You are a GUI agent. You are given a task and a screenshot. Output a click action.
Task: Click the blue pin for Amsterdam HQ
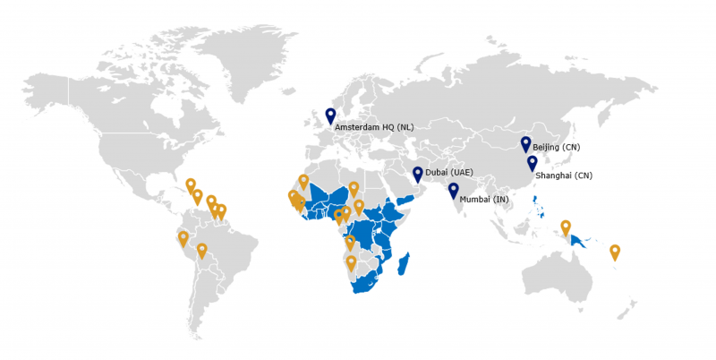pyautogui.click(x=330, y=115)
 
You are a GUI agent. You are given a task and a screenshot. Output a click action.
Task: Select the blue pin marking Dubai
pyautogui.click(x=418, y=174)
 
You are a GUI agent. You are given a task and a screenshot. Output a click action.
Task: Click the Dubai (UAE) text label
pyautogui.click(x=448, y=172)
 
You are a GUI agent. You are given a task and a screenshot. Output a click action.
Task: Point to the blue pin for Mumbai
pyautogui.click(x=454, y=189)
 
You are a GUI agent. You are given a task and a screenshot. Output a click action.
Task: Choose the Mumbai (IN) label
pyautogui.click(x=483, y=200)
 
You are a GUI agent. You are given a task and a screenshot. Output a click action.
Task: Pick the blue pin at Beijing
pyautogui.click(x=525, y=143)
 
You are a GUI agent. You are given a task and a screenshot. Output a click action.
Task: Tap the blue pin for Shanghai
pyautogui.click(x=533, y=162)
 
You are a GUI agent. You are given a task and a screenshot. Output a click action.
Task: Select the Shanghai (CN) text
pyautogui.click(x=564, y=176)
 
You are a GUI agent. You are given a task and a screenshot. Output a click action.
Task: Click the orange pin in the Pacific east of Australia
pyautogui.click(x=615, y=252)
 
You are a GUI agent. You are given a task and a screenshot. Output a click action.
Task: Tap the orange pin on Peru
pyautogui.click(x=183, y=238)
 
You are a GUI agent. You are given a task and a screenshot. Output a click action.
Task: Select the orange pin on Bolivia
pyautogui.click(x=202, y=250)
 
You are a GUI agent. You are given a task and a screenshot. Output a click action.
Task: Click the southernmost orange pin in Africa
pyautogui.click(x=351, y=262)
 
